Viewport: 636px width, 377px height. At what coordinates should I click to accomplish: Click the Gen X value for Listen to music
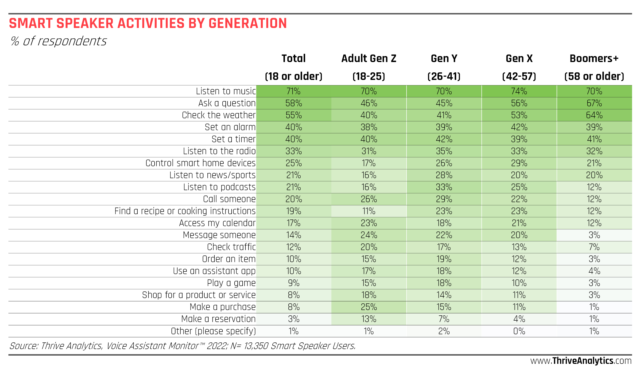tap(519, 91)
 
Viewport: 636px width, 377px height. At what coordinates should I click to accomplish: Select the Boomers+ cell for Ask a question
tap(594, 103)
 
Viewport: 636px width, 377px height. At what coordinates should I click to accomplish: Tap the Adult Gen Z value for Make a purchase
tap(368, 307)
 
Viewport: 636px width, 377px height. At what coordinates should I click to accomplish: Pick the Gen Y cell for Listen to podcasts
tap(444, 187)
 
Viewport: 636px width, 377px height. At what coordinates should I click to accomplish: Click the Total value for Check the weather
tap(293, 115)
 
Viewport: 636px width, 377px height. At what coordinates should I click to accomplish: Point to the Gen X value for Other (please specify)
tap(519, 331)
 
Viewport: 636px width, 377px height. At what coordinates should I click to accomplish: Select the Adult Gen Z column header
tap(368, 59)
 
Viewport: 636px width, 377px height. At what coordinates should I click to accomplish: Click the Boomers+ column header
tap(594, 59)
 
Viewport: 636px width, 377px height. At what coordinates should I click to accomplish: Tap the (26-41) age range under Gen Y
tap(444, 76)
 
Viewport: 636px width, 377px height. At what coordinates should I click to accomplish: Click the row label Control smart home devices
tap(200, 163)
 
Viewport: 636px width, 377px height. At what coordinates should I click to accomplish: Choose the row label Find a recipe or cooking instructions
tap(185, 211)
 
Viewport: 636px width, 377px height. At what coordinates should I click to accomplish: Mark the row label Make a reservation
tap(218, 319)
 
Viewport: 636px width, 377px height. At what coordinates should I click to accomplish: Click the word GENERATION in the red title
tap(248, 23)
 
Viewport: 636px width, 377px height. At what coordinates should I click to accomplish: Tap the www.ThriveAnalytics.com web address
tap(581, 361)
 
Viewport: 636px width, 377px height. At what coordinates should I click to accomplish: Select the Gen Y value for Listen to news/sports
tap(444, 175)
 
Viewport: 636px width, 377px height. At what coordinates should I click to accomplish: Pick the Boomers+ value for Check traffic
tap(594, 247)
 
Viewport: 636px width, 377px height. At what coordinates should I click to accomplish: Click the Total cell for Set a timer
tap(293, 139)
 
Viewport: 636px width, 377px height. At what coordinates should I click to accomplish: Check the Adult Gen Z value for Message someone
tap(368, 235)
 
